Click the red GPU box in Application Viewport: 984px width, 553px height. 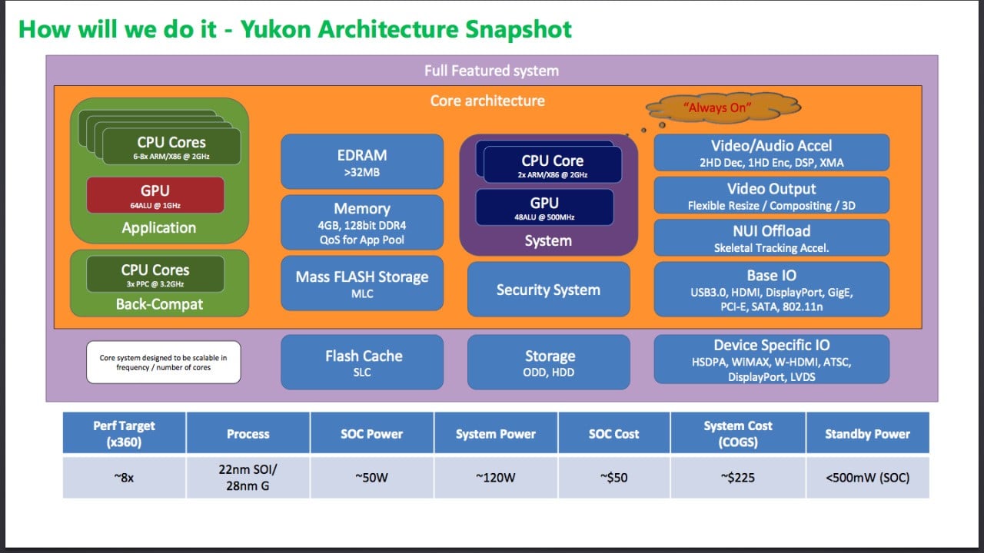coord(155,195)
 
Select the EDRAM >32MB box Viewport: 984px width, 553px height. coord(362,161)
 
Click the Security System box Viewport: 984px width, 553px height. coord(548,289)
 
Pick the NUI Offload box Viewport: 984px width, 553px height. coord(771,237)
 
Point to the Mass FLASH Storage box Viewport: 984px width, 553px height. coord(362,283)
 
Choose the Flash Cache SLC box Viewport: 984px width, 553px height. coord(362,362)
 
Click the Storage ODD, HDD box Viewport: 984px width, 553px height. coord(549,363)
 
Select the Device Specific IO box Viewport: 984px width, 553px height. coord(771,359)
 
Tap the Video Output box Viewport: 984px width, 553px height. coord(771,195)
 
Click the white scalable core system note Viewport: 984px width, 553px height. coord(163,363)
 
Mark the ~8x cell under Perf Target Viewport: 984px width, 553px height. coord(124,477)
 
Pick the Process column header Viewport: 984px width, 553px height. coord(248,433)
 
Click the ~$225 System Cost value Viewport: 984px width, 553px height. coord(737,477)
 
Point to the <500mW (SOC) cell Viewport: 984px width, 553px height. coord(867,477)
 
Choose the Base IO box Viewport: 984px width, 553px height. coord(771,288)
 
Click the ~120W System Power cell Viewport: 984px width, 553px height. coord(495,477)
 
